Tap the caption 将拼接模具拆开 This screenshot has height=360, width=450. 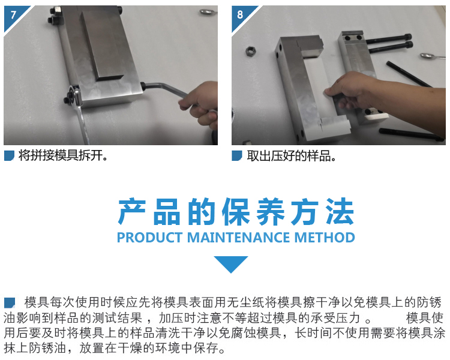(x=63, y=155)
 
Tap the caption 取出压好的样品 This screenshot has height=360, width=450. (x=291, y=156)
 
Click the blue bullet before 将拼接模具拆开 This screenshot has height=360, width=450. (x=9, y=156)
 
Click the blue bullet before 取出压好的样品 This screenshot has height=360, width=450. (x=237, y=156)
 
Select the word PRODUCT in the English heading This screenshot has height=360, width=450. (x=150, y=238)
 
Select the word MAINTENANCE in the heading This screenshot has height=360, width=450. (x=238, y=238)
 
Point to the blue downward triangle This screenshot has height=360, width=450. (x=231, y=263)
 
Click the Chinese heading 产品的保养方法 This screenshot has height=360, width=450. (x=236, y=212)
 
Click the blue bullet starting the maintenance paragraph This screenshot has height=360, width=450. (x=10, y=303)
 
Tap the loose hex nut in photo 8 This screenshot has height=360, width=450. (x=250, y=52)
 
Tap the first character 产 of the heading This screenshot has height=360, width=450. (x=131, y=212)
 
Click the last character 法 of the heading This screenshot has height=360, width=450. (x=340, y=212)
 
